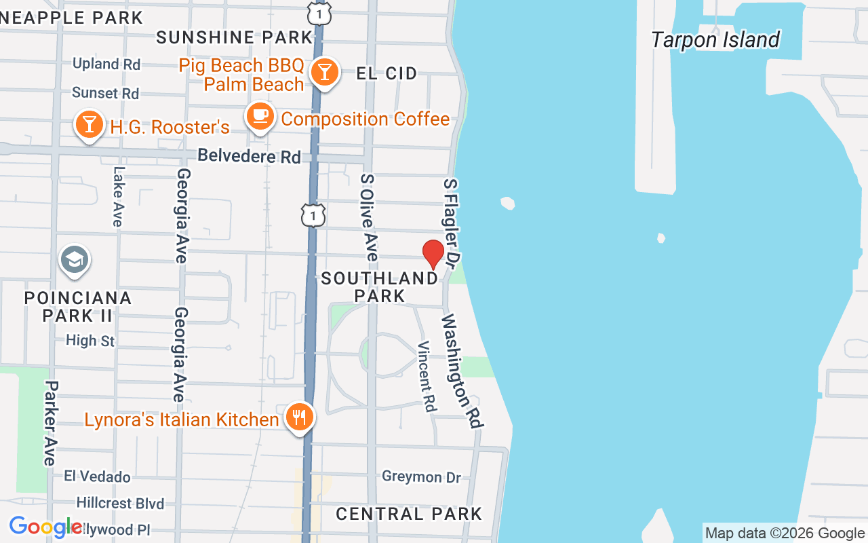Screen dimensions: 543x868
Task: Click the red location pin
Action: [433, 254]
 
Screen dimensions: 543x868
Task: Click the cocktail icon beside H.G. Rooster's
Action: [89, 125]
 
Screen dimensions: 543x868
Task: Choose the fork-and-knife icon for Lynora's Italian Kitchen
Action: [298, 417]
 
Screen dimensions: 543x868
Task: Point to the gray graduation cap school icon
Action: [74, 260]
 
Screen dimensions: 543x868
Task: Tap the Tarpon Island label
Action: [715, 39]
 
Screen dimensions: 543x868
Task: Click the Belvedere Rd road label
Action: [249, 156]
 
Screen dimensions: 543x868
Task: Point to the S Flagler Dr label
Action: [452, 222]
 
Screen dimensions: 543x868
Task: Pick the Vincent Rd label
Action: [427, 377]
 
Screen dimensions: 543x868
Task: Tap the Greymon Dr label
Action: [421, 476]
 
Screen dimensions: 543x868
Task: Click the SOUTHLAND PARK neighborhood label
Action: [380, 287]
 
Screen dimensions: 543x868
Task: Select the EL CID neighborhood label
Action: [387, 73]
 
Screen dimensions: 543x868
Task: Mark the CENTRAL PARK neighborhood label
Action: [409, 514]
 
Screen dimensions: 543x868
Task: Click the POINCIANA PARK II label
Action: [78, 307]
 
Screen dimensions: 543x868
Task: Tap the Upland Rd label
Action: [106, 64]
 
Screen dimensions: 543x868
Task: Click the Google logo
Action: [45, 527]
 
